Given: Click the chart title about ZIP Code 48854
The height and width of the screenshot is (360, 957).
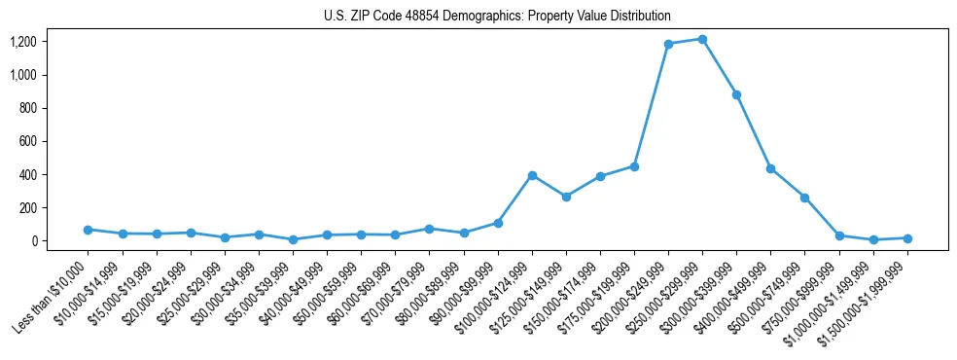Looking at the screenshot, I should pyautogui.click(x=497, y=17).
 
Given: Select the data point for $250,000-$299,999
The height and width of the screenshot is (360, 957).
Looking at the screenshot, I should pyautogui.click(x=702, y=39).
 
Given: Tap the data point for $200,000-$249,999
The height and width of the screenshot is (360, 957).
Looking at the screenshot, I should pyautogui.click(x=668, y=44).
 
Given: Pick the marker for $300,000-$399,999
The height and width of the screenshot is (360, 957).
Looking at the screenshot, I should pyautogui.click(x=736, y=94).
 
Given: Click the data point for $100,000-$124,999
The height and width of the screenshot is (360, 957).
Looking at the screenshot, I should pyautogui.click(x=532, y=175).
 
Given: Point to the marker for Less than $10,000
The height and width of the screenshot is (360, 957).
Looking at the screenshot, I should pyautogui.click(x=88, y=230).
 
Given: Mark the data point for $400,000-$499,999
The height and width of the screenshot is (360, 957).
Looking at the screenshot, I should pyautogui.click(x=770, y=168).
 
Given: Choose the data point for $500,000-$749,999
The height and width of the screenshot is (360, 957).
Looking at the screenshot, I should pyautogui.click(x=804, y=198).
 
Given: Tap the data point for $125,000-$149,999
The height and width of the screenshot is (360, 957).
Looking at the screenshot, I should pyautogui.click(x=566, y=197).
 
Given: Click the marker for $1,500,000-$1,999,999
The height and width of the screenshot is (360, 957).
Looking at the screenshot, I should pyautogui.click(x=906, y=238).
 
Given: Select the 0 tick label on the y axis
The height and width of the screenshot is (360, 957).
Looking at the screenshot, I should pyautogui.click(x=33, y=241).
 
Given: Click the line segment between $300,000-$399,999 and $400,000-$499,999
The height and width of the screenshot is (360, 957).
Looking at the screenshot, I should pyautogui.click(x=754, y=131).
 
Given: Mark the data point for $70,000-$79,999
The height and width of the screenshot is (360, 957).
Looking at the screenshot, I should pyautogui.click(x=429, y=229).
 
